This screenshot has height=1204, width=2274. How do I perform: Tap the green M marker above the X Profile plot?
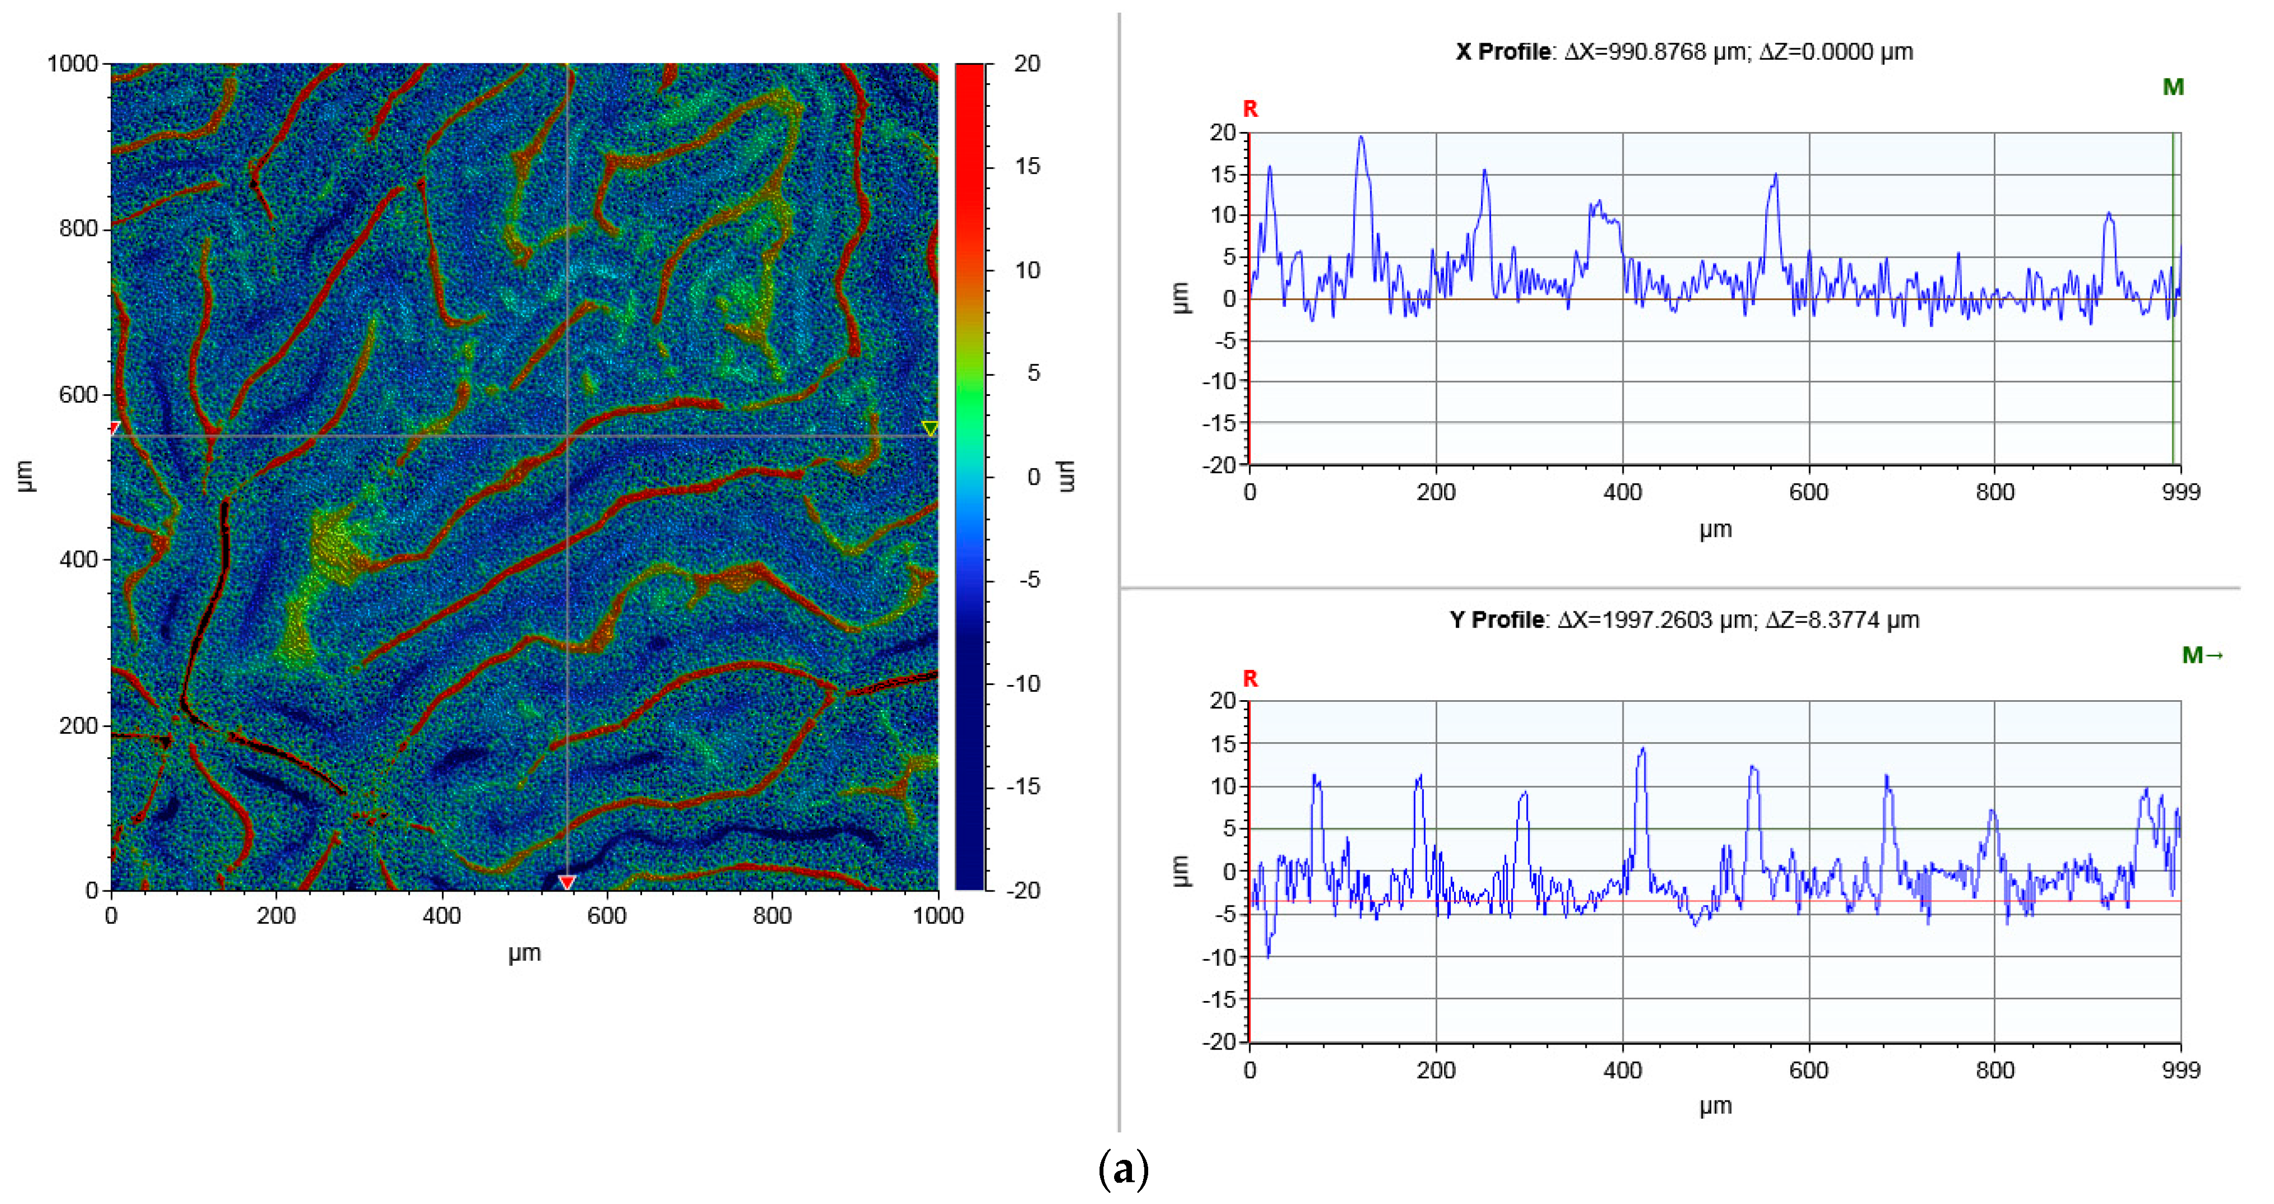[2172, 87]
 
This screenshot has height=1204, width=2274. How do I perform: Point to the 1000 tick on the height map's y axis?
[72, 64]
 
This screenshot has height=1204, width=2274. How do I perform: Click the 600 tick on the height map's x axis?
[606, 916]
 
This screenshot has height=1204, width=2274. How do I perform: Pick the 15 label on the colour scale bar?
[1027, 167]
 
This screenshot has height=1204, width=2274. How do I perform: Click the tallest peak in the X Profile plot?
[1360, 138]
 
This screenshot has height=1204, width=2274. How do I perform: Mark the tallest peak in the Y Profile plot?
[1642, 749]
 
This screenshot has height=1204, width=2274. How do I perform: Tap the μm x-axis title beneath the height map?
[525, 953]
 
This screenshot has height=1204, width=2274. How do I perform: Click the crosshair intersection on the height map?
[567, 436]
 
